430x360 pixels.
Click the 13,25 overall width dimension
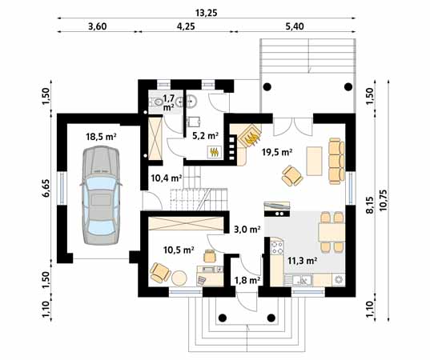pyautogui.click(x=207, y=13)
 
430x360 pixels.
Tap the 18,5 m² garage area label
pyautogui.click(x=102, y=137)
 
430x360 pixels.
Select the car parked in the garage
pyautogui.click(x=101, y=195)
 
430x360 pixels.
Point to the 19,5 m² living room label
pyautogui.click(x=277, y=151)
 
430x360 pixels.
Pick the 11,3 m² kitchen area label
pyautogui.click(x=303, y=260)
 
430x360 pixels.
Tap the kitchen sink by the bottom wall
pyautogui.click(x=302, y=280)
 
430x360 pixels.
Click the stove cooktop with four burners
pyautogui.click(x=277, y=247)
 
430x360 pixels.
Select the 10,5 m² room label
pyautogui.click(x=179, y=250)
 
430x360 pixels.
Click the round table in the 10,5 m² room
pyautogui.click(x=179, y=278)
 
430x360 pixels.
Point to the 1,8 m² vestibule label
pyautogui.click(x=247, y=280)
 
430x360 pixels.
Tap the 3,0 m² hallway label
pyautogui.click(x=247, y=229)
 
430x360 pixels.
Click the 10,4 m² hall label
pyautogui.click(x=167, y=178)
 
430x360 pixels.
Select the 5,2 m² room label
pyautogui.click(x=206, y=135)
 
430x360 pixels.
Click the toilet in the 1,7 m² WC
pyautogui.click(x=156, y=102)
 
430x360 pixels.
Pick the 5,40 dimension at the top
pyautogui.click(x=295, y=26)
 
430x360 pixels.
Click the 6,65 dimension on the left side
pyautogui.click(x=46, y=188)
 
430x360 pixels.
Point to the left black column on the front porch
pyautogui.click(x=223, y=318)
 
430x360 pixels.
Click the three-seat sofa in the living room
pyautogui.click(x=336, y=161)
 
